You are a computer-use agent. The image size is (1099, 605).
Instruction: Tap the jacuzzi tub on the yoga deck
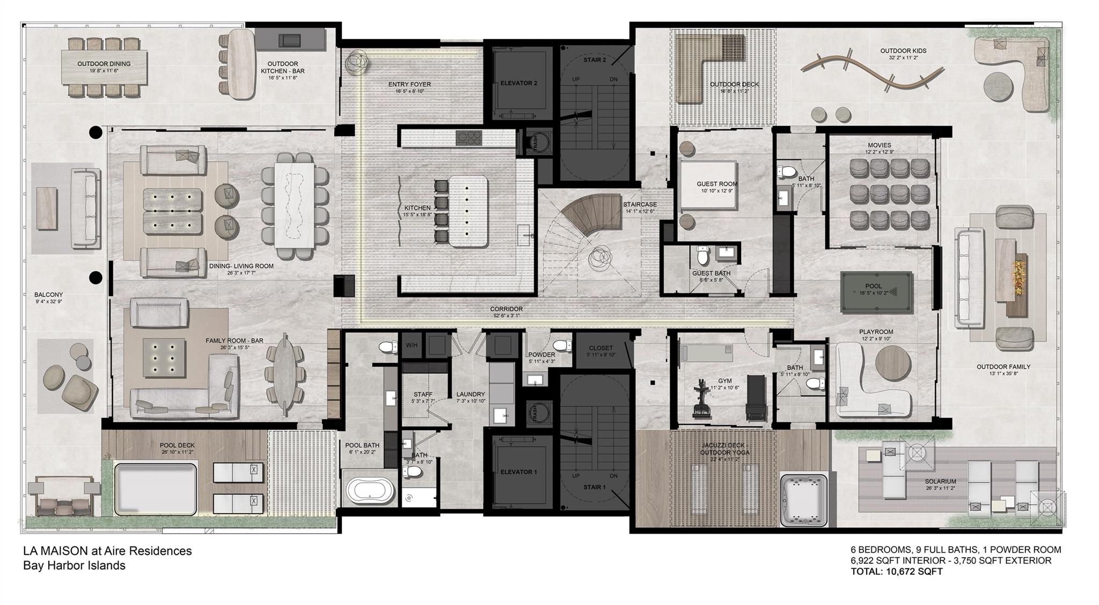point(805,499)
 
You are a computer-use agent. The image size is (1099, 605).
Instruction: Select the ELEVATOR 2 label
point(518,83)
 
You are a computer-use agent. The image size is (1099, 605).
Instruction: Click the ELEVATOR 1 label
point(518,472)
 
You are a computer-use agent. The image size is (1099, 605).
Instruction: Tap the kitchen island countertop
point(468,211)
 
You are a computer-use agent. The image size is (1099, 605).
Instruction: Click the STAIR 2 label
point(595,60)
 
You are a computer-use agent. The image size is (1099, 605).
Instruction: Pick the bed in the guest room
point(708,185)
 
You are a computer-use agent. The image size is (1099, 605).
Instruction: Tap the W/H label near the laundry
point(412,345)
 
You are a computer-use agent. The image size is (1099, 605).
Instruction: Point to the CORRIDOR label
point(506,309)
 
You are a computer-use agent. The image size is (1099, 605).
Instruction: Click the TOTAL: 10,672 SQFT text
point(896,572)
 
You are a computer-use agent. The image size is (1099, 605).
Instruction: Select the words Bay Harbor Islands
point(74,565)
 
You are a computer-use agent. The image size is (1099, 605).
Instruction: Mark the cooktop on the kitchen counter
point(469,138)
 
